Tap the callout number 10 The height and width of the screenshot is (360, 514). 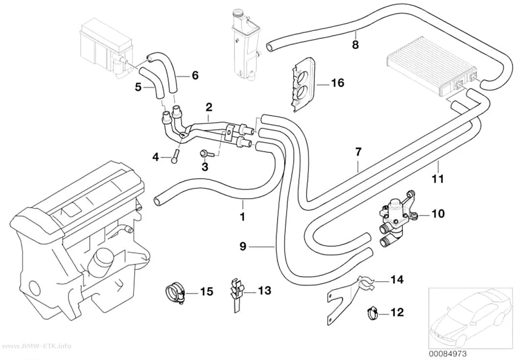438,214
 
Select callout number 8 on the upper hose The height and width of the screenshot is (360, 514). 356,44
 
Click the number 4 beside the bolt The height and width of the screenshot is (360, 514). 155,158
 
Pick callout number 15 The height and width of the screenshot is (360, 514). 207,291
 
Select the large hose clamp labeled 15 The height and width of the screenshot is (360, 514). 175,291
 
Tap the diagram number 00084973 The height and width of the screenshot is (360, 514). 448,354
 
